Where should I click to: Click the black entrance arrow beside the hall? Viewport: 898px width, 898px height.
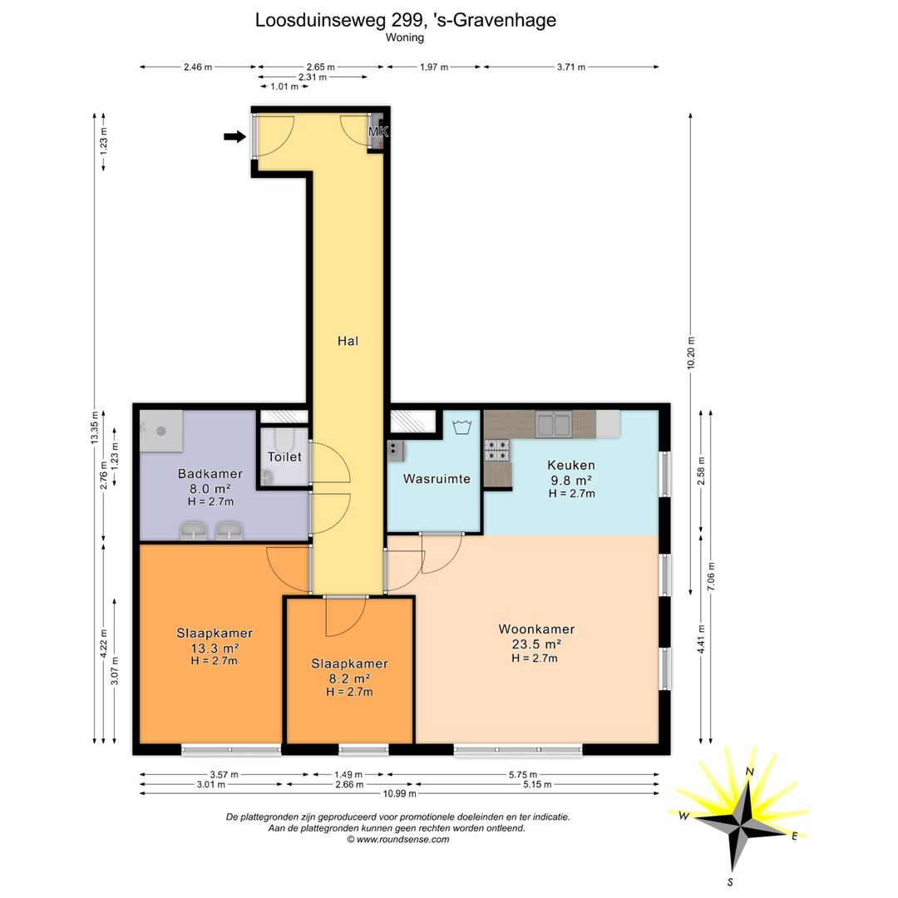(x=234, y=136)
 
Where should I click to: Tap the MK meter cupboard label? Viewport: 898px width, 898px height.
(x=378, y=131)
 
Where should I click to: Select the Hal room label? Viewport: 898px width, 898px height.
(x=348, y=341)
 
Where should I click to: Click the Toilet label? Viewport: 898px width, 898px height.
(x=284, y=456)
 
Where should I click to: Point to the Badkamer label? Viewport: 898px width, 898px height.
(x=210, y=474)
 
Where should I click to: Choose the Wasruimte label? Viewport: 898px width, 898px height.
(x=437, y=479)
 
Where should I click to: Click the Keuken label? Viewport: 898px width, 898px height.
(x=571, y=465)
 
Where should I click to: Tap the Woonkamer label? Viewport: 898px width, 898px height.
(x=536, y=629)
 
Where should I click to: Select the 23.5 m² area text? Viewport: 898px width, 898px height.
(x=536, y=644)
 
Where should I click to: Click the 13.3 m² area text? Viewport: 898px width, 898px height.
(x=215, y=648)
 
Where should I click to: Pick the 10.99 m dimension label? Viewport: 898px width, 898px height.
(x=400, y=793)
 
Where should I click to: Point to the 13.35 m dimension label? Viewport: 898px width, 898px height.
(x=95, y=427)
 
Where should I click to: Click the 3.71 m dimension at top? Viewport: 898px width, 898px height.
(x=571, y=67)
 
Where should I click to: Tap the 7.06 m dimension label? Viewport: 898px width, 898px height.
(x=711, y=577)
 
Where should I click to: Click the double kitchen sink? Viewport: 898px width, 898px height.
(x=554, y=424)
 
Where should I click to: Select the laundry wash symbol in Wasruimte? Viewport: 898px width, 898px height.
(x=461, y=427)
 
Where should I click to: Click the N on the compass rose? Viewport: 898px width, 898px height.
(x=749, y=772)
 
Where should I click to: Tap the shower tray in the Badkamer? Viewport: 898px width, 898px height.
(x=161, y=431)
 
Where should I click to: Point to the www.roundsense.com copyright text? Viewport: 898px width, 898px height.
(x=398, y=840)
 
